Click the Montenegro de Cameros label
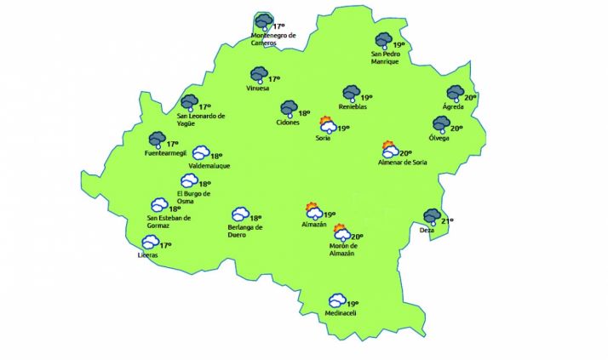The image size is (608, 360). coord(273,39)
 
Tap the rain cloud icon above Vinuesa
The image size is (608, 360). coord(259,76)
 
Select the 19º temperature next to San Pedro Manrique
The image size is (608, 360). coord(399,45)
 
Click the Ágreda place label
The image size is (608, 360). coord(453,107)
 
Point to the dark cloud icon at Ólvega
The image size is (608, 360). coord(440,124)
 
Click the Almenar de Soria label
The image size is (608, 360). coord(403,162)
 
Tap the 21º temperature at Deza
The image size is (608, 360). coord(448,221)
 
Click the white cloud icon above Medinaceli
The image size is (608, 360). coord(338,300)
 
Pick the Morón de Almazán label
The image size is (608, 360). coord(341,249)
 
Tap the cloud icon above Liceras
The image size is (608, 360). coord(151,243)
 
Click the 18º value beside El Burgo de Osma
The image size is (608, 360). coord(204,184)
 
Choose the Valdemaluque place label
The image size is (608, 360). coord(209,166)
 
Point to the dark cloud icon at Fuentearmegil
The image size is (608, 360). coord(157,140)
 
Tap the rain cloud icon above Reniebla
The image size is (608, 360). coord(350,93)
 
